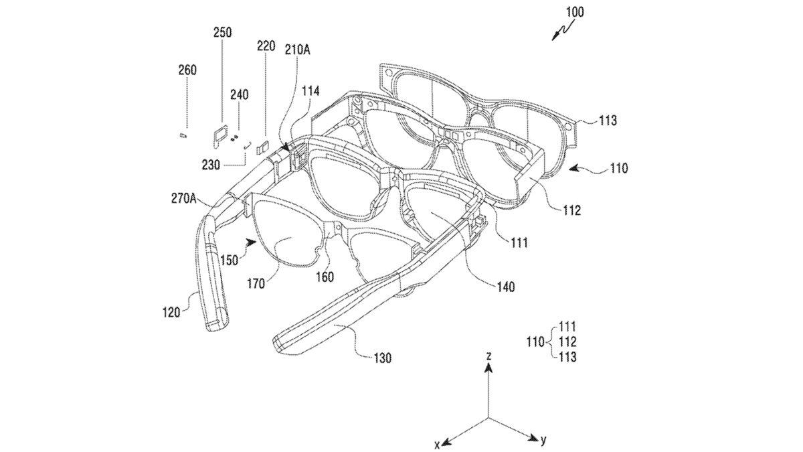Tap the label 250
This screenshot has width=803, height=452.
click(222, 32)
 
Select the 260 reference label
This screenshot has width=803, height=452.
click(187, 70)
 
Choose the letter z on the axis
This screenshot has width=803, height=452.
click(489, 358)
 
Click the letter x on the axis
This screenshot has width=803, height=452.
click(436, 445)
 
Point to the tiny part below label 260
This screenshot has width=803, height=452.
click(182, 135)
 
